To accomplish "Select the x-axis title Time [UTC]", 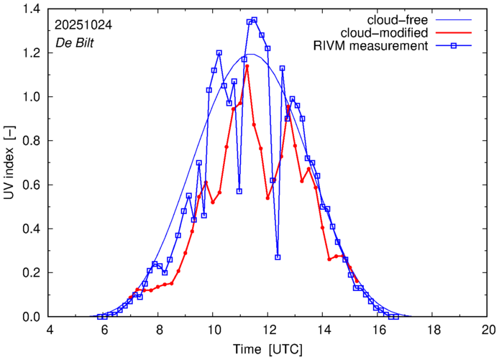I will tap(267, 349).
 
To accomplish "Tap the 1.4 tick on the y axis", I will tap(32, 9).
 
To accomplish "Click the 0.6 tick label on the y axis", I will tap(32, 185).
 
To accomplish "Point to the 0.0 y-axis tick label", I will tap(32, 317).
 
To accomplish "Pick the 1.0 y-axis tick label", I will tap(32, 97).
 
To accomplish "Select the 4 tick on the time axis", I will tap(50, 331).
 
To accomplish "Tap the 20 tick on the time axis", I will tap(487, 331).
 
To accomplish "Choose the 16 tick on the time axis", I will tap(378, 331).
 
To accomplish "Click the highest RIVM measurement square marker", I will tap(255, 20).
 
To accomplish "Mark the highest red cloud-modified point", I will tap(247, 66).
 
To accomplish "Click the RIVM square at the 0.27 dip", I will tap(278, 257).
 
